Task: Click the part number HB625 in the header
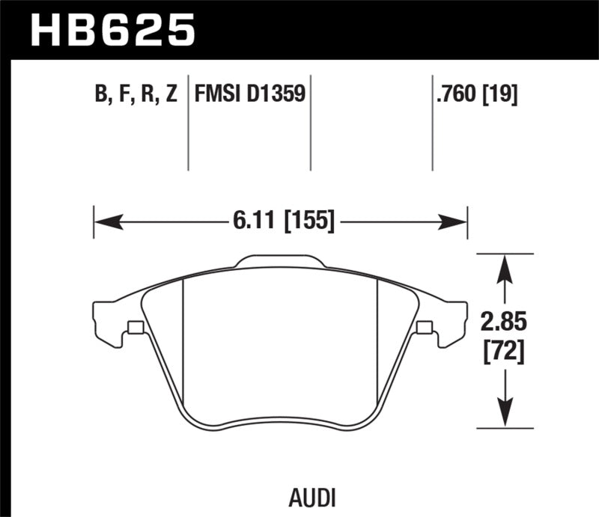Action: (x=112, y=29)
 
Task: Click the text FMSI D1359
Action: (x=249, y=94)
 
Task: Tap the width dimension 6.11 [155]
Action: (x=280, y=221)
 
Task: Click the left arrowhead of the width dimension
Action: (x=105, y=221)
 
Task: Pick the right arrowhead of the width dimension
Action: (x=456, y=221)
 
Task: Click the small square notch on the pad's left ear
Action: (x=136, y=327)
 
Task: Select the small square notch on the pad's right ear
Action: (x=424, y=327)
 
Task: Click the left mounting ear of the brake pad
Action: (x=112, y=322)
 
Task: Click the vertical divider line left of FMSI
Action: (x=187, y=123)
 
